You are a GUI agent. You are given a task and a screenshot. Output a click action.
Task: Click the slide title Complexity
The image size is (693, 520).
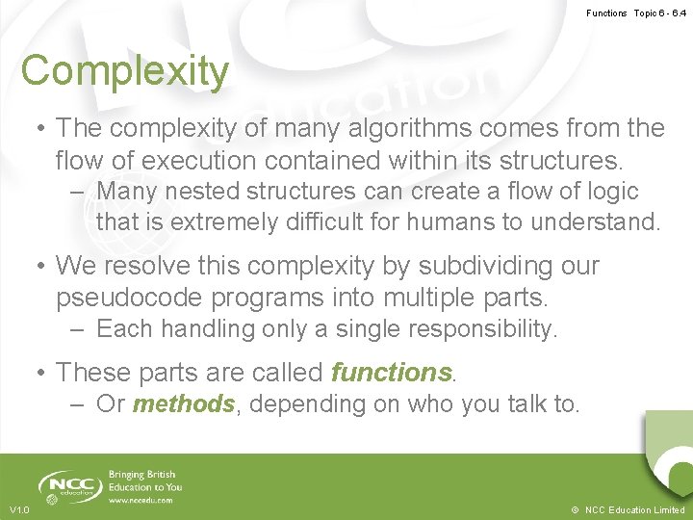(x=125, y=71)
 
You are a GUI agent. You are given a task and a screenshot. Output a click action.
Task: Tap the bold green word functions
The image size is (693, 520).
(x=391, y=372)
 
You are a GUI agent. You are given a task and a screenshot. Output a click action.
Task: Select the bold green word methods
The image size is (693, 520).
(x=183, y=404)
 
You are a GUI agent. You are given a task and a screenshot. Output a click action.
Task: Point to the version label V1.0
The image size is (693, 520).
(x=19, y=509)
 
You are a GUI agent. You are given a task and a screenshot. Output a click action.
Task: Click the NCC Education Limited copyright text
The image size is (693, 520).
(x=628, y=509)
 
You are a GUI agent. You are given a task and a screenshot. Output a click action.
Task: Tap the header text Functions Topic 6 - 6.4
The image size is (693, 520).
(x=636, y=13)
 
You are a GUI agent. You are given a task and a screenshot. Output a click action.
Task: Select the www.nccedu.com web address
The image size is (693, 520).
(x=141, y=500)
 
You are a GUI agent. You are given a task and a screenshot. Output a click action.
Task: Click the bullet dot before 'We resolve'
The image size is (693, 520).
(x=40, y=266)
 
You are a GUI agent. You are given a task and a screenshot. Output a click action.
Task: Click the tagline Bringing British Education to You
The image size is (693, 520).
(x=144, y=481)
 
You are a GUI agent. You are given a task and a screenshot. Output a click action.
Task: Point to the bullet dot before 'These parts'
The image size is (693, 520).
(x=40, y=372)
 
